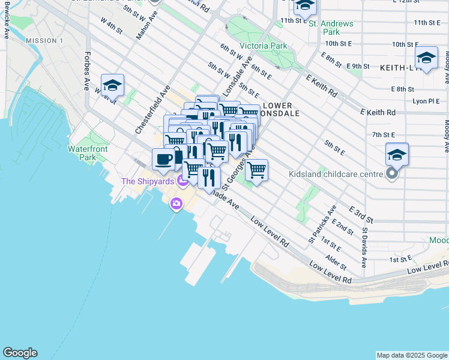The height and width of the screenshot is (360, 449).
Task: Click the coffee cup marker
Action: pyautogui.click(x=163, y=159)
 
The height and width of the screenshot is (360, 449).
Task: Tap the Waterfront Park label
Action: pyautogui.click(x=82, y=152)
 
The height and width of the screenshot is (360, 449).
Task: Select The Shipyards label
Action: pyautogui.click(x=147, y=181)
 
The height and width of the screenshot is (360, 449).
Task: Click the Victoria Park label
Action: pyautogui.click(x=263, y=46)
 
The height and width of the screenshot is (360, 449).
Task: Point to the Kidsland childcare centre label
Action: pyautogui.click(x=339, y=174)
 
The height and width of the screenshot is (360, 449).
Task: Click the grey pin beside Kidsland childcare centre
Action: pyautogui.click(x=392, y=175)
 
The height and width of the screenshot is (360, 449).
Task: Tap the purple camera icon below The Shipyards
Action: pyautogui.click(x=176, y=204)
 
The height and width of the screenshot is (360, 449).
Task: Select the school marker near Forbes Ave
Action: pyautogui.click(x=112, y=85)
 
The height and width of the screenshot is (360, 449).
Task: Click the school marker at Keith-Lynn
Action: pyautogui.click(x=426, y=58)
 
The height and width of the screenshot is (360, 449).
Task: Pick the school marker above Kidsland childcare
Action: pyautogui.click(x=397, y=154)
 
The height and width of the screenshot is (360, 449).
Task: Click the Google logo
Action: pyautogui.click(x=20, y=353)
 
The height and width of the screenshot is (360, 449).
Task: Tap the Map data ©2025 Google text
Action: pyautogui.click(x=411, y=355)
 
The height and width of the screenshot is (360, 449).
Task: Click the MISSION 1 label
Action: pyautogui.click(x=44, y=41)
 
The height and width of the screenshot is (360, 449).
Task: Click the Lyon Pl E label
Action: pyautogui.click(x=426, y=101)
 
